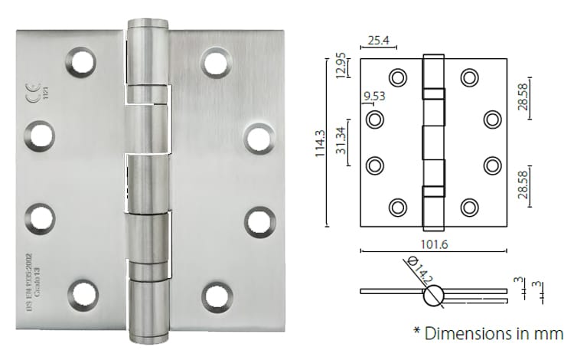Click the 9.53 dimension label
click(x=373, y=97)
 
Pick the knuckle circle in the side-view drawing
click(x=434, y=294)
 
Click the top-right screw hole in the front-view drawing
click(x=468, y=77)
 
